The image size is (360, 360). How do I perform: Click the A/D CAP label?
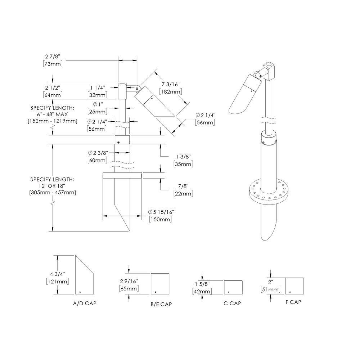[85, 303]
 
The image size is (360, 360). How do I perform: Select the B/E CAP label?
[161, 304]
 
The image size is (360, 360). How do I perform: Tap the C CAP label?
[232, 303]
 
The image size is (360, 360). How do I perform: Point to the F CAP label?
[293, 302]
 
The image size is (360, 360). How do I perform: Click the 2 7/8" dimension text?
[52, 57]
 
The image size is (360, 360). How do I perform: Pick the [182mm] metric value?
[170, 92]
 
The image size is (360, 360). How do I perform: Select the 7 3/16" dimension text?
[170, 84]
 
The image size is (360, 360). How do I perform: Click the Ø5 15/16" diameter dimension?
[160, 212]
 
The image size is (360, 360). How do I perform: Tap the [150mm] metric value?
[160, 220]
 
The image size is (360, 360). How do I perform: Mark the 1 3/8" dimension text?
[183, 156]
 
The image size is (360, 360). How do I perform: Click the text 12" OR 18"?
[52, 186]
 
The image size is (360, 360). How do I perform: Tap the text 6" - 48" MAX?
[52, 114]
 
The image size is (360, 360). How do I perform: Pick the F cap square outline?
[294, 286]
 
